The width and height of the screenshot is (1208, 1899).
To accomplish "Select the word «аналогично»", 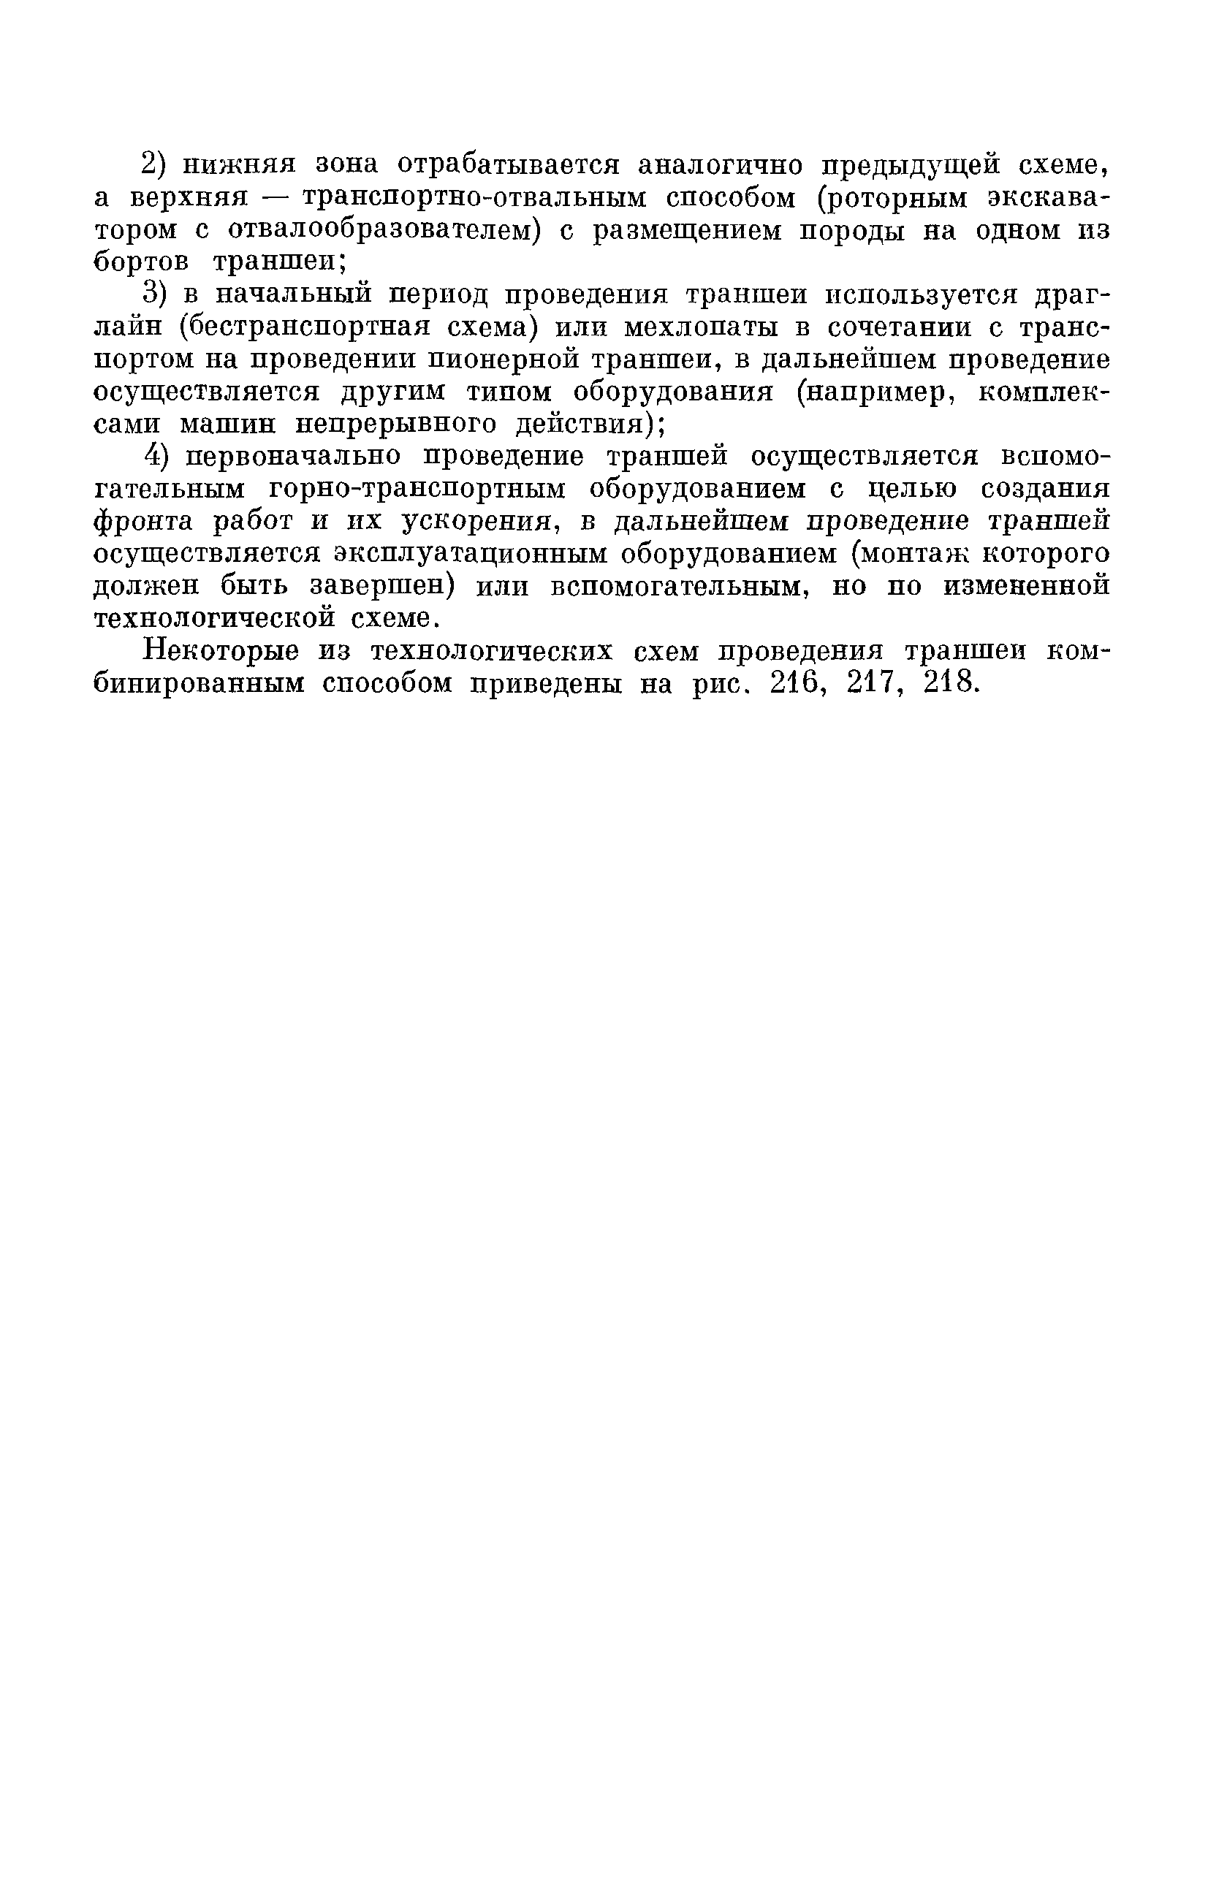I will pyautogui.click(x=720, y=165).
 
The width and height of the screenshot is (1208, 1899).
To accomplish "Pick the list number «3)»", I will pyautogui.click(x=156, y=295).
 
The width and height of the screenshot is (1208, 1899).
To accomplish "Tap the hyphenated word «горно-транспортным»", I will pyautogui.click(x=418, y=489).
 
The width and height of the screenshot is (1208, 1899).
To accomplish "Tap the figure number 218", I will pyautogui.click(x=951, y=683).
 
